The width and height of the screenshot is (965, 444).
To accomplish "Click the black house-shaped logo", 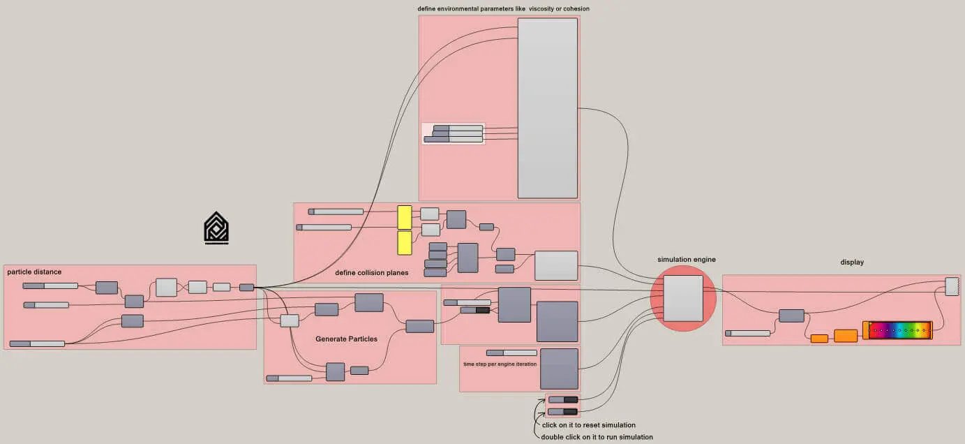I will tap(216, 228).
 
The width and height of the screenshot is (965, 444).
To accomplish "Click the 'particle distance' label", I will tap(34, 272).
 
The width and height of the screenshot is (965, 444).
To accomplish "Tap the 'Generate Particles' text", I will tap(346, 339).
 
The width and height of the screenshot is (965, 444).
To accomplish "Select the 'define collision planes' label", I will tap(371, 272).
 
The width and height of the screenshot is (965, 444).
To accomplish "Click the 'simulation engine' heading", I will tap(686, 260).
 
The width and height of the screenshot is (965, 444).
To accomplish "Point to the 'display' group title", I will tap(852, 262).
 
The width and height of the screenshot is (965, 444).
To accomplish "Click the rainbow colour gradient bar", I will tap(899, 330).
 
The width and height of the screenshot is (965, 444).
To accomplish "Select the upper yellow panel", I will tap(405, 217).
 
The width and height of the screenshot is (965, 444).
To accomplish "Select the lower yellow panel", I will tap(405, 243).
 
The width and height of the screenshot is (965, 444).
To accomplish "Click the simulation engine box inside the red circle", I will tap(682, 298).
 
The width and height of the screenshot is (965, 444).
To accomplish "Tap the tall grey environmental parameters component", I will tap(547, 108).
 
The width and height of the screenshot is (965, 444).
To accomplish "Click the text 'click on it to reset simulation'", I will tap(589, 425).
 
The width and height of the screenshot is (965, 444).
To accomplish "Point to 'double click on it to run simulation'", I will tap(597, 437).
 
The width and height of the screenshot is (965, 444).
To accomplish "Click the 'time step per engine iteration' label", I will tap(500, 364).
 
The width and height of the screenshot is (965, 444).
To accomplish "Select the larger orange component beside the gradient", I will tap(846, 336).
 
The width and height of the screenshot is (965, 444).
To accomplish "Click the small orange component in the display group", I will tap(819, 339).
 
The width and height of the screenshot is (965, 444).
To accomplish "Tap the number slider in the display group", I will tap(747, 333).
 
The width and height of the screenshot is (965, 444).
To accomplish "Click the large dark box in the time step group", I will tap(559, 369).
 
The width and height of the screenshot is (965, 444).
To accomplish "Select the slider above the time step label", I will tap(511, 353).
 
